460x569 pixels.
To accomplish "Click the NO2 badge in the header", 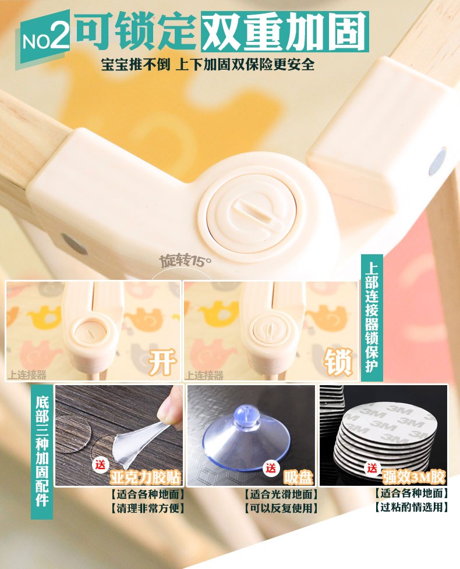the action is (44, 37).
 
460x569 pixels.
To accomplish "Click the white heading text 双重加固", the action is (285, 31).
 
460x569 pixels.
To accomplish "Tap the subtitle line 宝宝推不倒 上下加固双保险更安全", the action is (208, 65).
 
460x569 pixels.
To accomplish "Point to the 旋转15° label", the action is (185, 261).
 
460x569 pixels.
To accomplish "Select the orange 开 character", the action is (162, 362).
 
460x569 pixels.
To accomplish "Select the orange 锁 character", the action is (338, 361).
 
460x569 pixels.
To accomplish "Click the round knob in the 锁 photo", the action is (269, 328).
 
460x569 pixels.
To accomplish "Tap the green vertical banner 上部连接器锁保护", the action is (371, 318).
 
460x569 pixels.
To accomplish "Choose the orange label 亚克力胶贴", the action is (145, 477).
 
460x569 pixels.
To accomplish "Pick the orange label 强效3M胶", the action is (413, 477).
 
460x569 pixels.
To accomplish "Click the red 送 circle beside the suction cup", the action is (271, 468).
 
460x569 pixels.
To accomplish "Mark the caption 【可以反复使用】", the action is (281, 508).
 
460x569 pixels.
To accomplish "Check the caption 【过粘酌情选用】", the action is (411, 507).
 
